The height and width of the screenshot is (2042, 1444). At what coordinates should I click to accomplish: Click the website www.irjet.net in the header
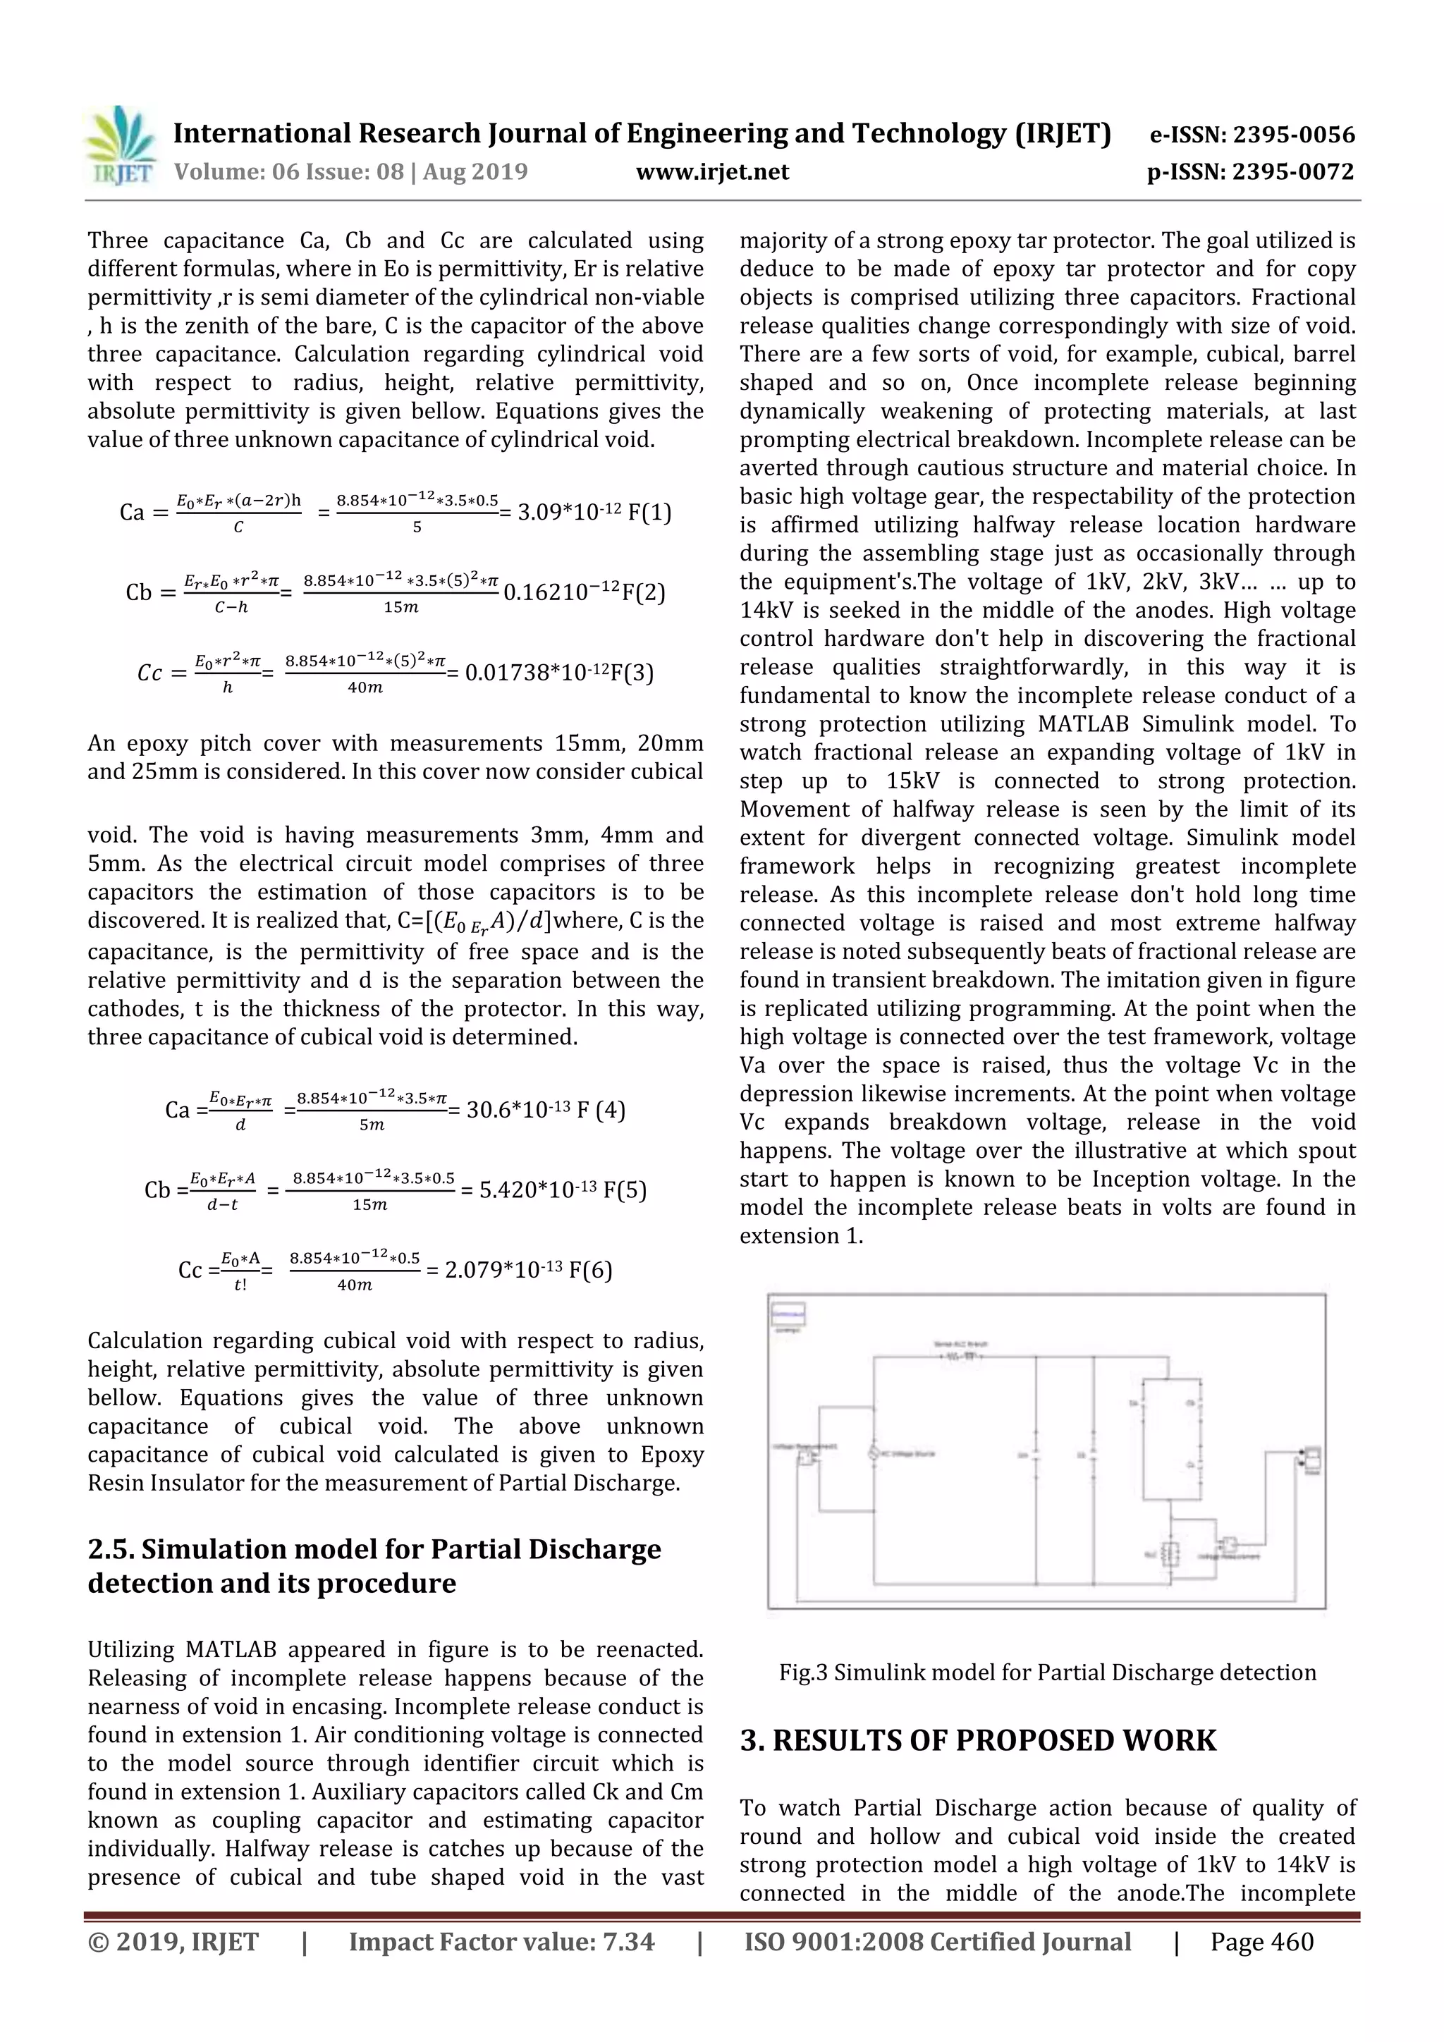(712, 171)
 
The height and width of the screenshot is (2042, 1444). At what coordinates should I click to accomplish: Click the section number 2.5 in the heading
(111, 1549)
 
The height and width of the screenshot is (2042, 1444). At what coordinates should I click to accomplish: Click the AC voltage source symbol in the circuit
(874, 1453)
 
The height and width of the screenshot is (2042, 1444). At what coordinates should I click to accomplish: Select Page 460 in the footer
(1261, 1943)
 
